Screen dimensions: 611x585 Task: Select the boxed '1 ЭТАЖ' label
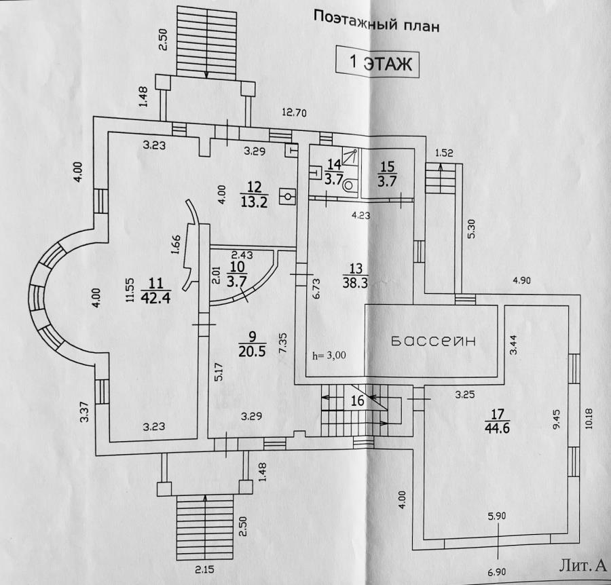pos(378,62)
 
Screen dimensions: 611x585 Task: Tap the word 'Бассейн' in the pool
pos(433,341)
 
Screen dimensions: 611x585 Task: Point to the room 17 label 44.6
pos(498,428)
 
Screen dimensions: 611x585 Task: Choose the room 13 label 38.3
pos(355,282)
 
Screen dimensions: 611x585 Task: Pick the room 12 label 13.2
pos(254,202)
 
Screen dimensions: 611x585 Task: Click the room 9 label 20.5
pos(252,352)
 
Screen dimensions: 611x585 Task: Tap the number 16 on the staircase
pos(357,400)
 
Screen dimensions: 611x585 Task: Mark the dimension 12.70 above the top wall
pos(295,113)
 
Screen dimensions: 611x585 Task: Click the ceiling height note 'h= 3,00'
pos(329,355)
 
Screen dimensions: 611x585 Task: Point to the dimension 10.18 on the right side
pos(589,418)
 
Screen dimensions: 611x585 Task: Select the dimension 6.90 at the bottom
pos(496,571)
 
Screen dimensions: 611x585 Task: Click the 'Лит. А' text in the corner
pos(582,565)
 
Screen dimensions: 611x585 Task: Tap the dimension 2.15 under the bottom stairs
pos(205,569)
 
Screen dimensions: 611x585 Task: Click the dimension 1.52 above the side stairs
pos(444,153)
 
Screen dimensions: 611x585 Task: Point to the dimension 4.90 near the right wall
pos(521,280)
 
